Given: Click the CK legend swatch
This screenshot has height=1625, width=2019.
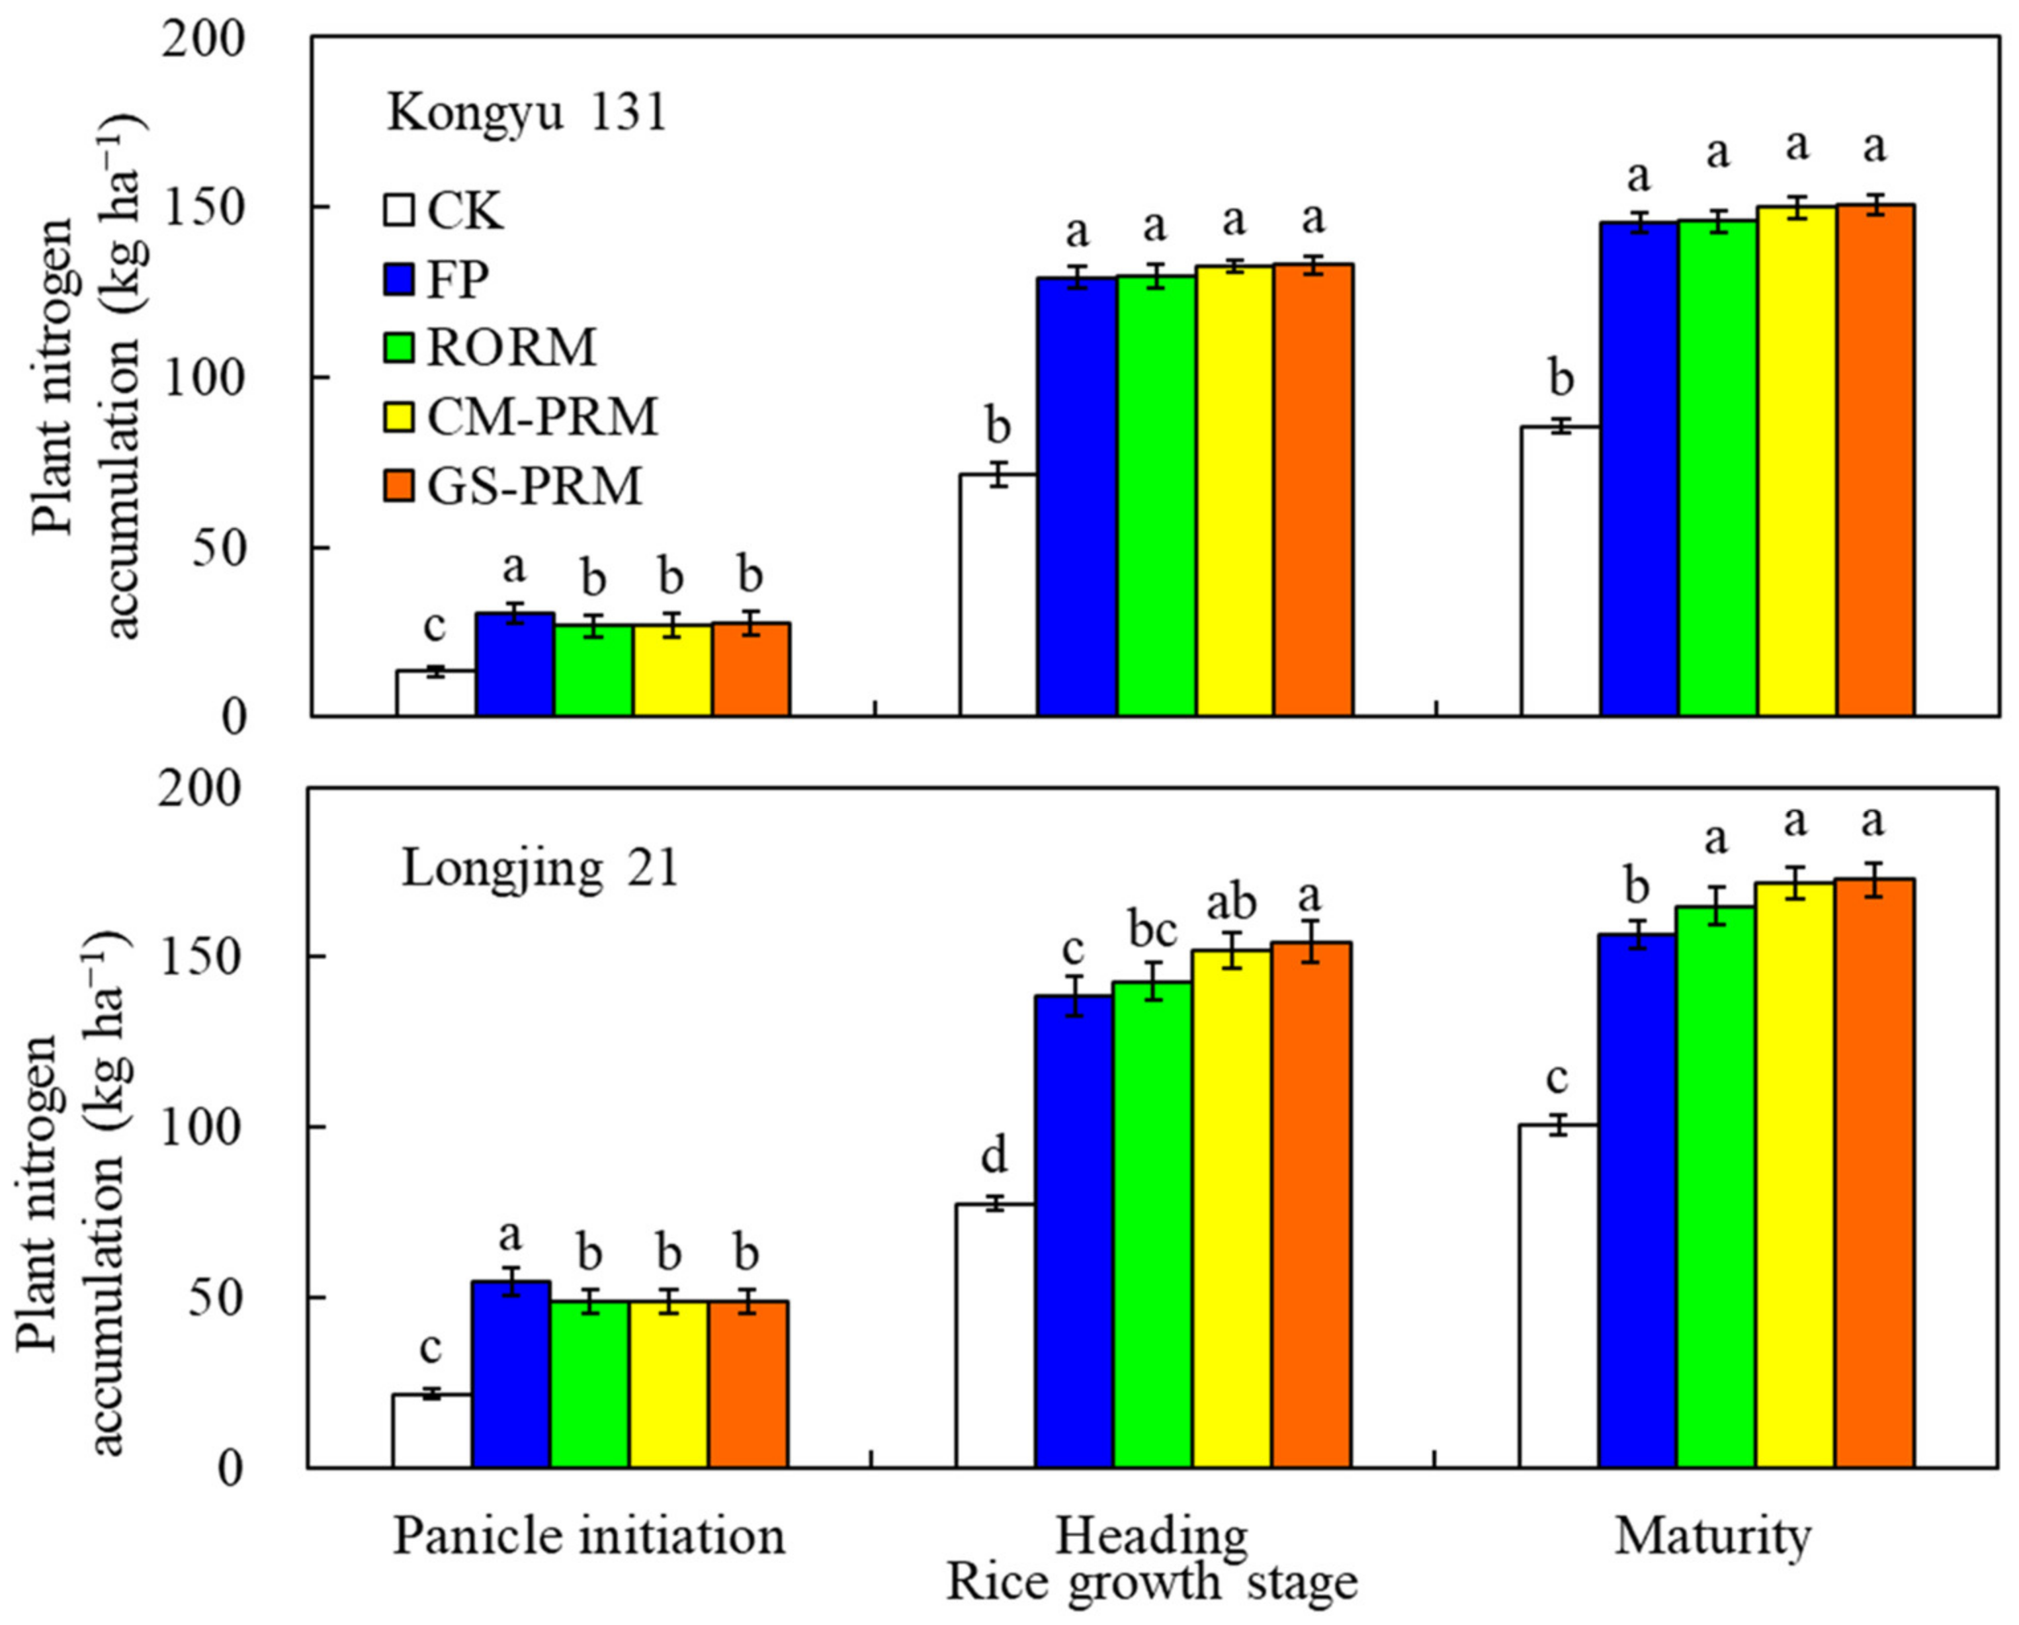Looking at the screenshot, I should (x=399, y=209).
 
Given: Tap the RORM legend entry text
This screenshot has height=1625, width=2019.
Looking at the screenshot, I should (x=511, y=347).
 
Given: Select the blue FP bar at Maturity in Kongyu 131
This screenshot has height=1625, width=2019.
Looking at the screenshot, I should (x=1639, y=468).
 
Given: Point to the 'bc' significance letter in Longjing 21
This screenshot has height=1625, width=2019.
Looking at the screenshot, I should (x=1152, y=930).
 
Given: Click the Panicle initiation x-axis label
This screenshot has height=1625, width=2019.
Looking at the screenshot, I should (x=588, y=1537).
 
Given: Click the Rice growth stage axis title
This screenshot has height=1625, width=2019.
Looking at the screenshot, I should (x=1152, y=1583).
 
